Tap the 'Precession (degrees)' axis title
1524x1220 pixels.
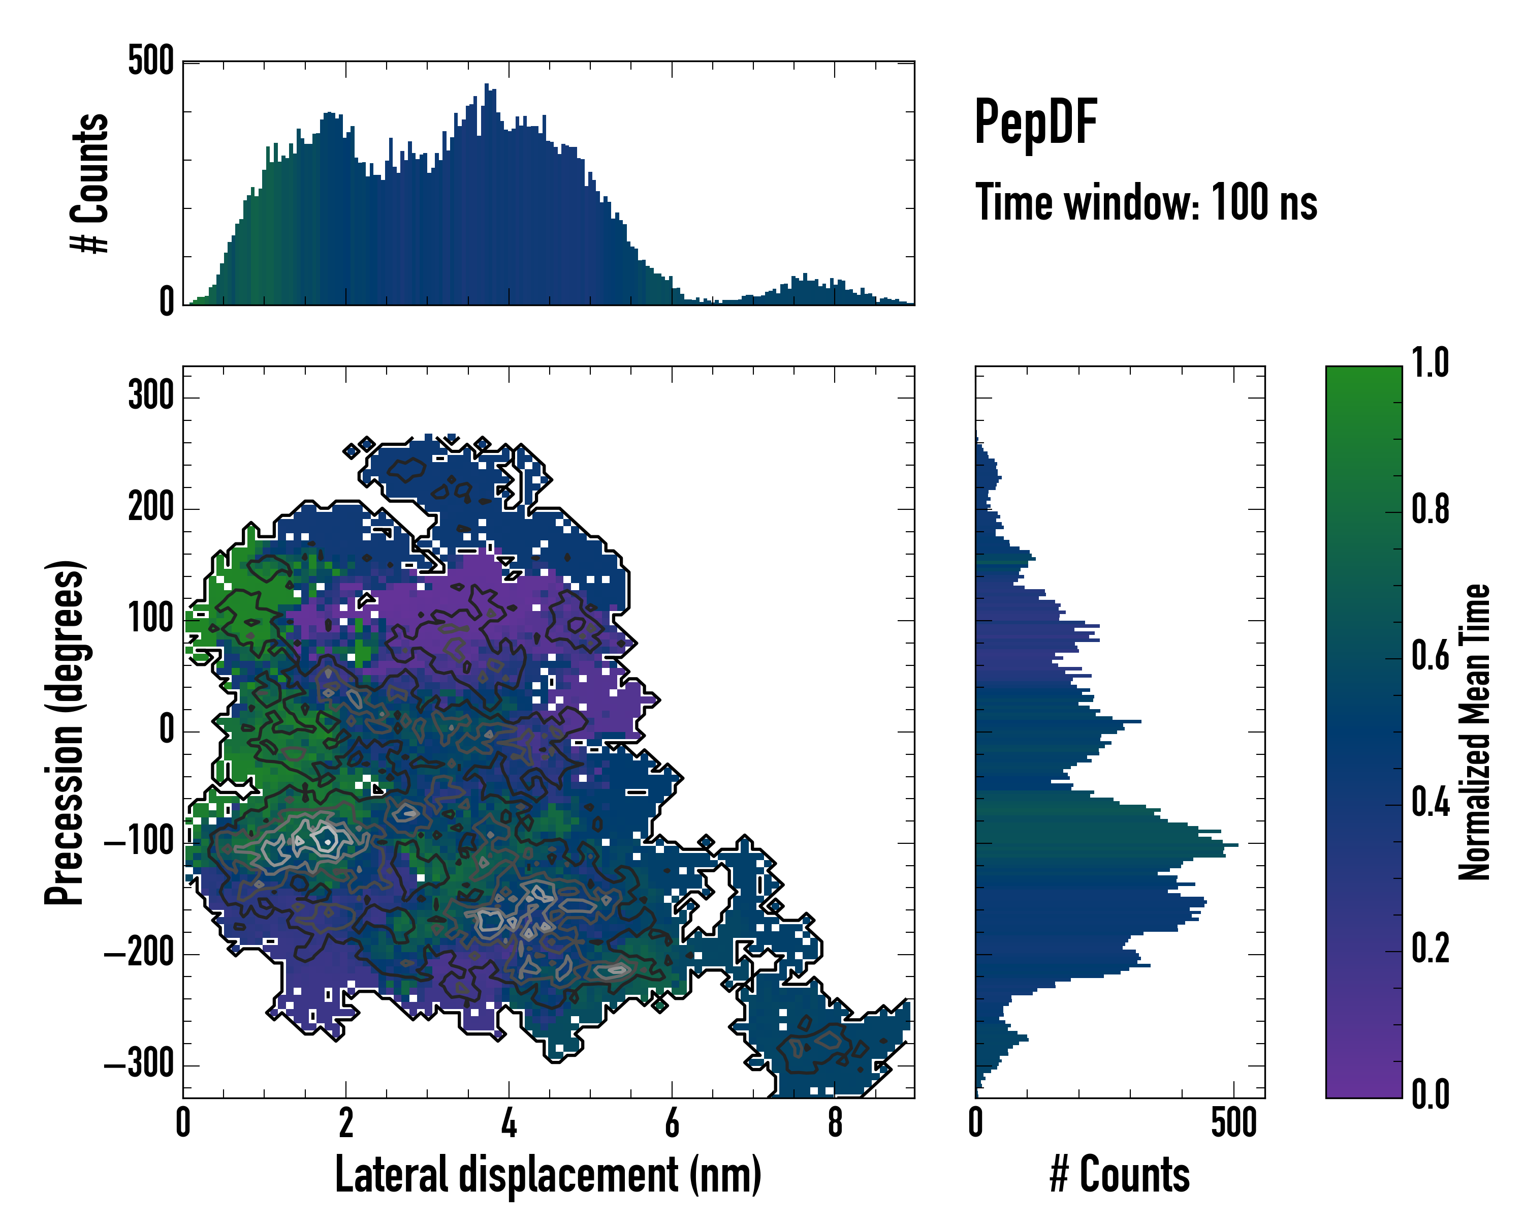pos(65,732)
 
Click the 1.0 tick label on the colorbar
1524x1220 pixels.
pos(1430,363)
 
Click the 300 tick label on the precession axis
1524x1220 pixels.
pos(150,395)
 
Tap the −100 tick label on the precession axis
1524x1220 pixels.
pos(139,842)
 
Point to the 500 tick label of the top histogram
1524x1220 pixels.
pos(150,61)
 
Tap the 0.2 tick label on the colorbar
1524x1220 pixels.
pos(1430,949)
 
